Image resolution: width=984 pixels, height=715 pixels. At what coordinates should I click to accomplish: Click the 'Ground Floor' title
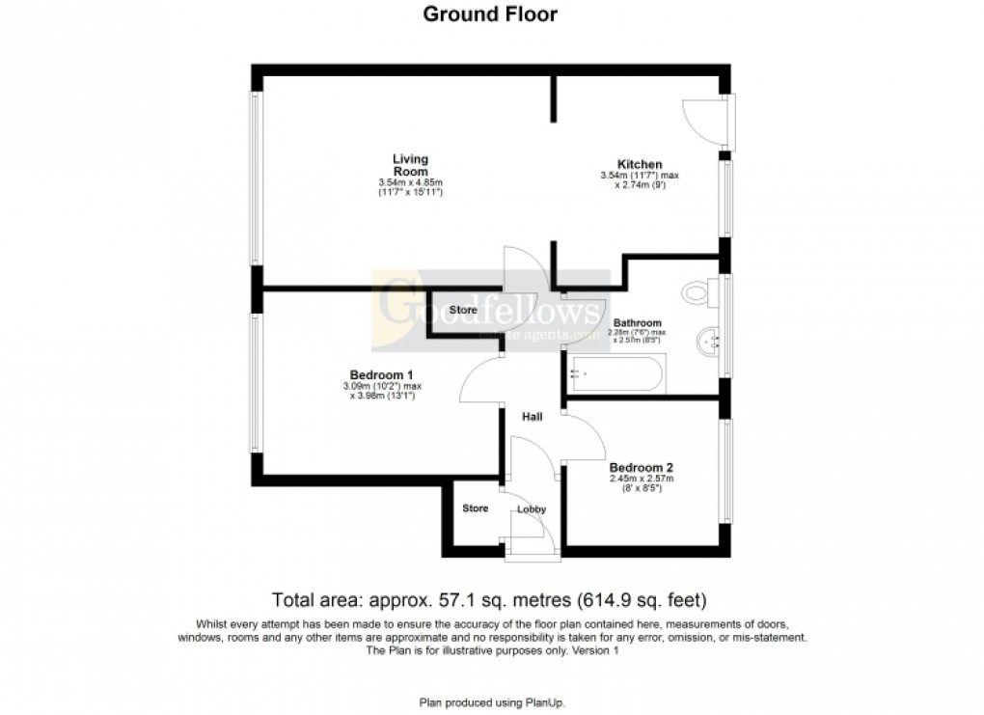491,14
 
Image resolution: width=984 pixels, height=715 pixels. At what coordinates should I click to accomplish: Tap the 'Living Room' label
410,165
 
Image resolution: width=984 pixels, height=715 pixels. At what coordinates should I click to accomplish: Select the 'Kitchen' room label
640,164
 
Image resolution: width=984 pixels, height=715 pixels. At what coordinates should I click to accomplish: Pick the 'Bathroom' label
638,323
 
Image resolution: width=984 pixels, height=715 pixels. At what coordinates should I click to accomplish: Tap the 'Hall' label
532,417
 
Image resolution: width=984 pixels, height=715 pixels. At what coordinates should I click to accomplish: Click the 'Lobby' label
532,509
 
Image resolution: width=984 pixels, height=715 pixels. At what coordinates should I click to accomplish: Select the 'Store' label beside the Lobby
475,509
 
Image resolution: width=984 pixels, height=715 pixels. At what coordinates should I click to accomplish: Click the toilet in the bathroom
697,290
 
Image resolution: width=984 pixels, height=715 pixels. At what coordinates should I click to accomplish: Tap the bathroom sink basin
709,341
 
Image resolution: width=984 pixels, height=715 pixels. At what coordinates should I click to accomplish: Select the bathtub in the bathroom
615,374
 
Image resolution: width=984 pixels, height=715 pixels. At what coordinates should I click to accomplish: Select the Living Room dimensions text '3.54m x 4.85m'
410,182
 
